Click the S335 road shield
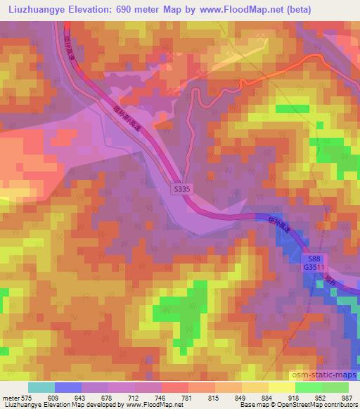click(181, 189)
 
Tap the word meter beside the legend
click(11, 398)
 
